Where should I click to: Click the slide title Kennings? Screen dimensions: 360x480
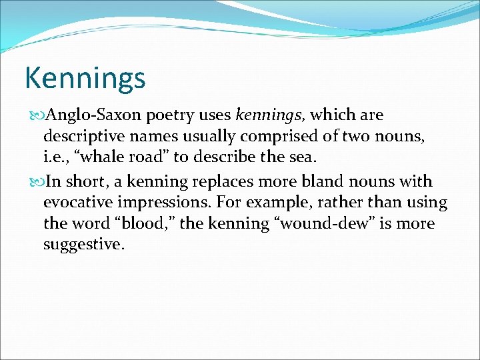tap(85, 78)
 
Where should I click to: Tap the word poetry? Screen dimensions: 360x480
tap(172, 115)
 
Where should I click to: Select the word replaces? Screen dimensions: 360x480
tap(227, 181)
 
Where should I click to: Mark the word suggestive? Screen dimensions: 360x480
tap(83, 245)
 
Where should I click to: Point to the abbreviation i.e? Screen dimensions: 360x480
tap(54, 158)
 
